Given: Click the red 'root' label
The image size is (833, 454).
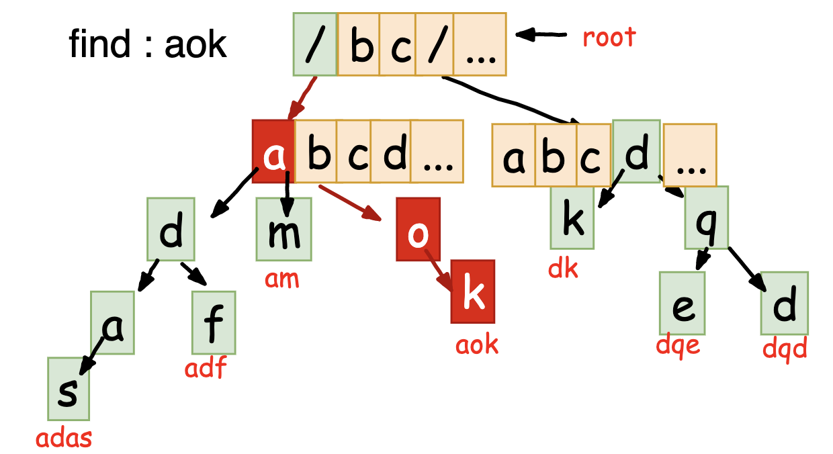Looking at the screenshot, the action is pyautogui.click(x=609, y=37).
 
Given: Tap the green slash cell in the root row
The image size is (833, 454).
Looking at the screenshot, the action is pyautogui.click(x=314, y=44).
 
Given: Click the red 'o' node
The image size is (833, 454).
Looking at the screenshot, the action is pyautogui.click(x=418, y=229).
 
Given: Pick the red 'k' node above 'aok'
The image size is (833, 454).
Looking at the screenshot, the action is pyautogui.click(x=473, y=291).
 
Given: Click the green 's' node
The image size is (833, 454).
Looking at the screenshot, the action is pyautogui.click(x=68, y=388).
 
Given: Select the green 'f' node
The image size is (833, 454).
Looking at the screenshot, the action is pyautogui.click(x=213, y=322).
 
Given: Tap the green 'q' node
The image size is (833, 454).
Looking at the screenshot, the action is pyautogui.click(x=706, y=217).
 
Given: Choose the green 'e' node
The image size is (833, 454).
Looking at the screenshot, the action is pyautogui.click(x=682, y=303).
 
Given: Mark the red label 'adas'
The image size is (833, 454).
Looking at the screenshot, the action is pyautogui.click(x=64, y=439).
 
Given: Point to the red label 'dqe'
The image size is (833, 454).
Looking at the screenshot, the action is pyautogui.click(x=678, y=347).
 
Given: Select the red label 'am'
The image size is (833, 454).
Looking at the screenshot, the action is pyautogui.click(x=282, y=278).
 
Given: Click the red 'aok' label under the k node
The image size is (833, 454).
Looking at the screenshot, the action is pyautogui.click(x=477, y=345).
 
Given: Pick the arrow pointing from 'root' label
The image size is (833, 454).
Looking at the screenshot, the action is pyautogui.click(x=543, y=33).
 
